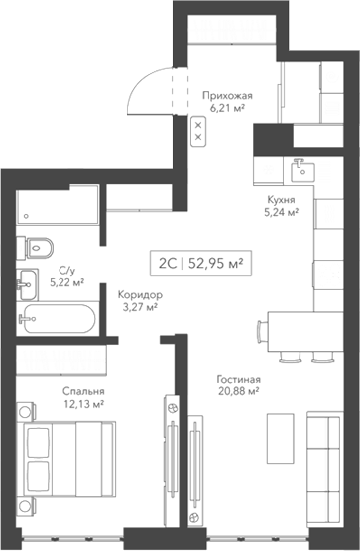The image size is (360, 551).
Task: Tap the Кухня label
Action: pos(281,199)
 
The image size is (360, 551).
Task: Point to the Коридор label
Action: pos(139,294)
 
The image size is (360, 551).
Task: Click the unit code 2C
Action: pos(166,263)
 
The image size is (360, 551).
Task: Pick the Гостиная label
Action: pos(238,379)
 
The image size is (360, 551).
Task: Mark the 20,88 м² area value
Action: pos(238,391)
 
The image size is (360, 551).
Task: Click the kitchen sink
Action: pos(301,170)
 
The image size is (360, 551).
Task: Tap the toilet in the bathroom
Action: pos(40,245)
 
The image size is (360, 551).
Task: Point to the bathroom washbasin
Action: pos(27,280)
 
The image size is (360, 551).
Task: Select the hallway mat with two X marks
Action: pos(198,129)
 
